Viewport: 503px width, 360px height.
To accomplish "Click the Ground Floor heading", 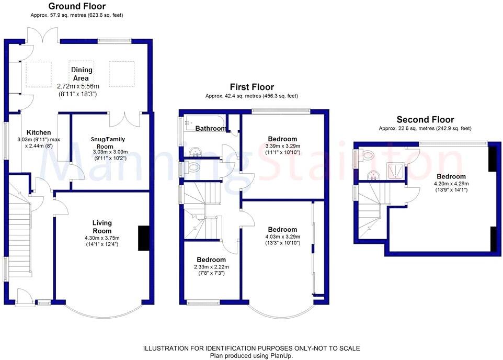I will pos(77,7).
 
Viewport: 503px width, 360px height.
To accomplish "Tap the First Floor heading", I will pos(252,87).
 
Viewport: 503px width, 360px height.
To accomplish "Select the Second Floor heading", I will pos(425,120).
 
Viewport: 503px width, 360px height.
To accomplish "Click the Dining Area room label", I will pos(82,74).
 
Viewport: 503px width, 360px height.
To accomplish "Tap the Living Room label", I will pos(102,227).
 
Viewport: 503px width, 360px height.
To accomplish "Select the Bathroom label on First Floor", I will pos(211,129).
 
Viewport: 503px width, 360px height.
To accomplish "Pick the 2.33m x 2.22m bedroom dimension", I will pos(212,267).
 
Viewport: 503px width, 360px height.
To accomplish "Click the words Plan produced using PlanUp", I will pos(251,355).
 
